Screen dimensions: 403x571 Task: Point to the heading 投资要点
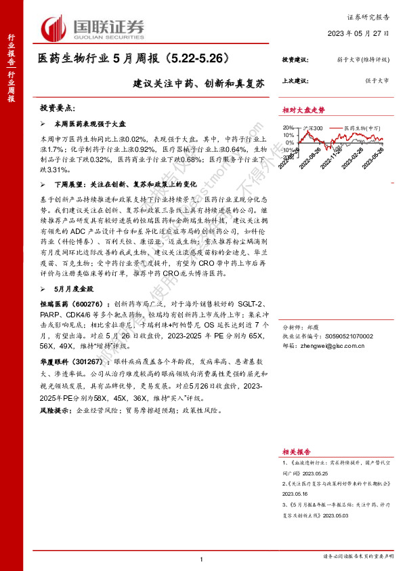(x=60, y=109)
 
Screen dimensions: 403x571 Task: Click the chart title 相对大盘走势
(x=303, y=110)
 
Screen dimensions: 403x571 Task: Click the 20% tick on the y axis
(x=288, y=127)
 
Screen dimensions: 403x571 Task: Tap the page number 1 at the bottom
(x=202, y=559)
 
